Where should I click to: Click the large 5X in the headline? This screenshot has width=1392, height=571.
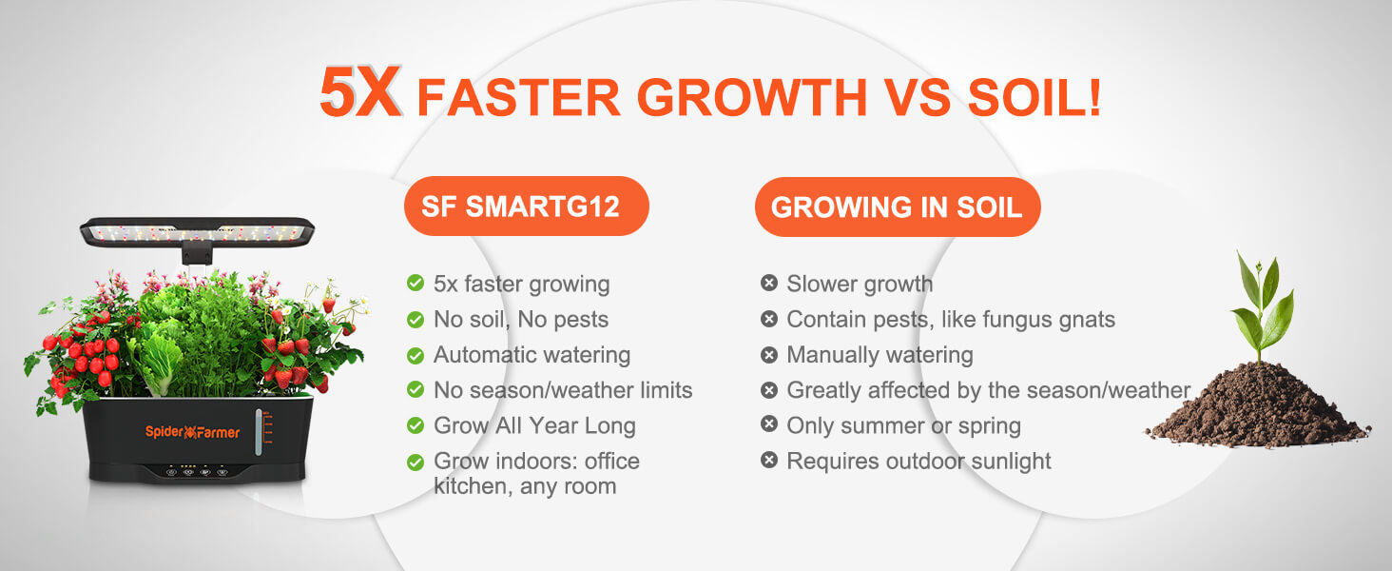click(360, 92)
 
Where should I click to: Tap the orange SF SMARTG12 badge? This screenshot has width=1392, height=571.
click(527, 206)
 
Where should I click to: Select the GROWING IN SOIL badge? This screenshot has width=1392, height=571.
click(898, 207)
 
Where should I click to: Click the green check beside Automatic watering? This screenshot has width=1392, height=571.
click(416, 356)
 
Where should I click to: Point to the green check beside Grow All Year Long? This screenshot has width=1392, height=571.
click(416, 426)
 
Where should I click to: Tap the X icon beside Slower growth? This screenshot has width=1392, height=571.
click(768, 283)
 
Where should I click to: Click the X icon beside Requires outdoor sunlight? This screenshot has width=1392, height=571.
click(768, 461)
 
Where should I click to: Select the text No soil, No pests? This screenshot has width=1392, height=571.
click(521, 320)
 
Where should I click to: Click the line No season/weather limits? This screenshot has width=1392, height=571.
click(563, 390)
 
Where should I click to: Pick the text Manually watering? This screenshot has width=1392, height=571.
click(880, 355)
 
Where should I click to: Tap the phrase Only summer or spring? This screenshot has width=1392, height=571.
click(903, 426)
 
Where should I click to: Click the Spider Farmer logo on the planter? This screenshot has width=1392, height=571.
click(192, 432)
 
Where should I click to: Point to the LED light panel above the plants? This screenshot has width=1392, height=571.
click(197, 232)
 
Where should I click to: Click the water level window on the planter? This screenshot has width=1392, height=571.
click(260, 432)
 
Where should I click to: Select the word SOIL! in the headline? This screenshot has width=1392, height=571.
click(1034, 98)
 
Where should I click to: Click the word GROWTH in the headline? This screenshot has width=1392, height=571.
click(751, 98)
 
